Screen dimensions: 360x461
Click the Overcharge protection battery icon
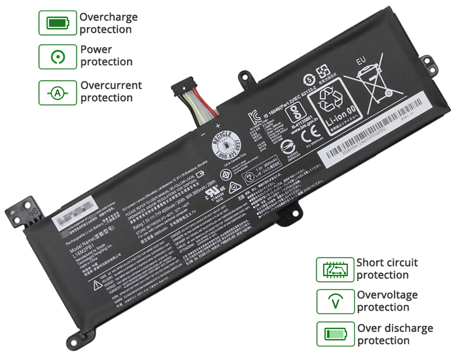[57, 23]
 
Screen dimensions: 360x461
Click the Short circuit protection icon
[334, 269]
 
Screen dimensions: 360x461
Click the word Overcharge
[109, 17]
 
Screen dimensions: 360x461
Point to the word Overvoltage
[387, 295]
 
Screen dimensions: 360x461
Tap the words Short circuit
[387, 262]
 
